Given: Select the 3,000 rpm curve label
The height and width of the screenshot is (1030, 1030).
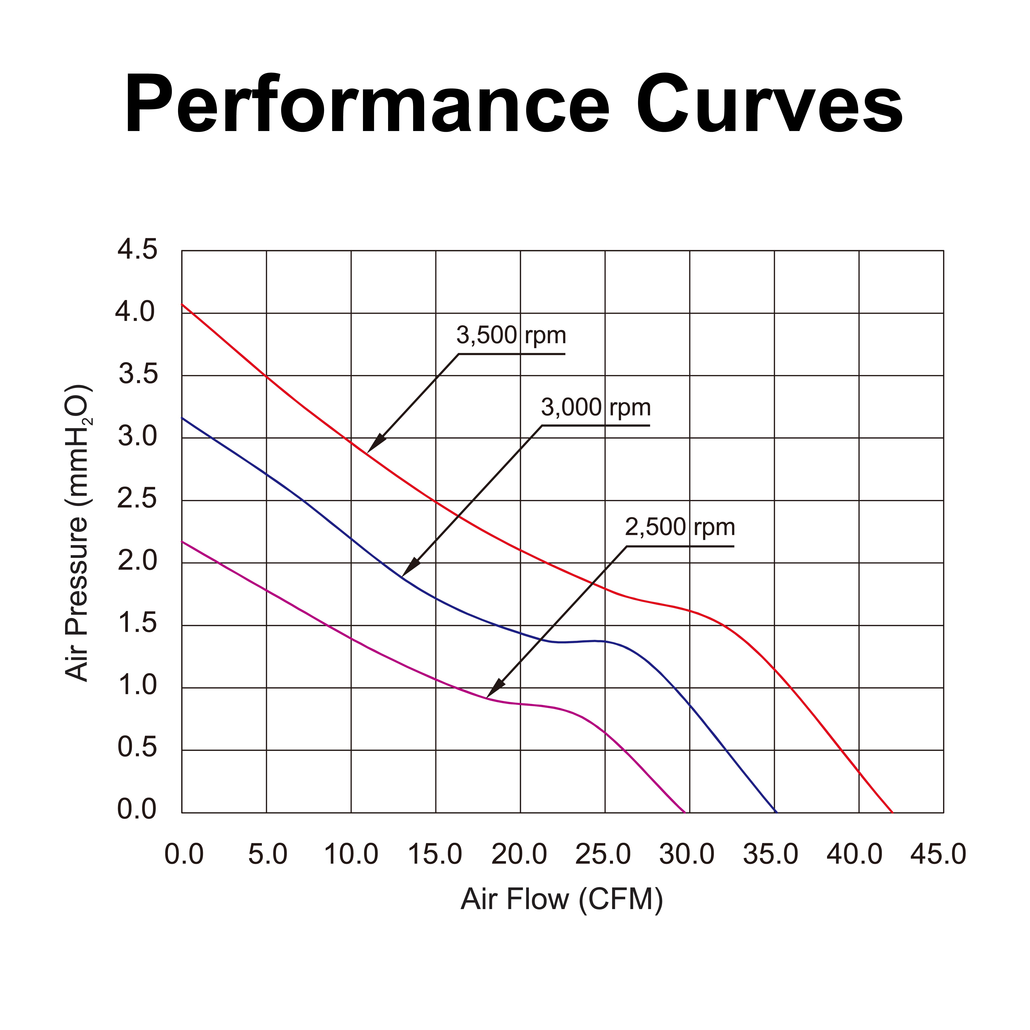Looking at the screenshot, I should pyautogui.click(x=596, y=408).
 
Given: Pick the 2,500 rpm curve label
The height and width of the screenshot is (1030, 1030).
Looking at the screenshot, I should pyautogui.click(x=680, y=528).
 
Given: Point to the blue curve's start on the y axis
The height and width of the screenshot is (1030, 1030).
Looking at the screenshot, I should pyautogui.click(x=182, y=418).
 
